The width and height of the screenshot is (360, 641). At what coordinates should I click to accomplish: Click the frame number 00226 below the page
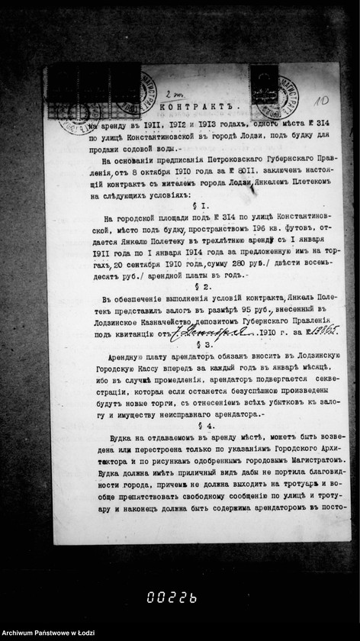(172, 598)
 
